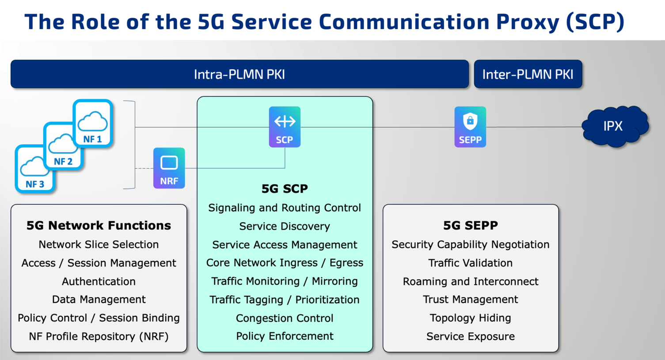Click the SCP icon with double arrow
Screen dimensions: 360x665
tap(285, 127)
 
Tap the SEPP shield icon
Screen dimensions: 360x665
tap(470, 127)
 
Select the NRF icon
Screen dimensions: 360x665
tap(169, 168)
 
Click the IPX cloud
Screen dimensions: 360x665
tap(614, 126)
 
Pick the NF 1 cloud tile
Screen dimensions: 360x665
tap(93, 123)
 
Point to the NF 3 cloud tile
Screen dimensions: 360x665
tap(34, 169)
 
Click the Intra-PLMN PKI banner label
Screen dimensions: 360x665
tap(239, 74)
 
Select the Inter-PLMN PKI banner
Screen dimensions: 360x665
tap(528, 74)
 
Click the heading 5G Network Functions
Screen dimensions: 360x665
tap(99, 225)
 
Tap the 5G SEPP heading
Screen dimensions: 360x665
tap(470, 225)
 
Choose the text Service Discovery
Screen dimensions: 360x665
tap(285, 226)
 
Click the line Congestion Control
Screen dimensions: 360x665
tap(285, 318)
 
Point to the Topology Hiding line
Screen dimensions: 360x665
tap(470, 318)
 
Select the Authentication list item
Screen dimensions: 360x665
tap(99, 281)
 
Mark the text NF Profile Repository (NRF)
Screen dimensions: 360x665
tap(99, 337)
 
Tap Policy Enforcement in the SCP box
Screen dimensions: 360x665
tap(285, 336)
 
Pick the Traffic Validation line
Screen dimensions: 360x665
tap(470, 263)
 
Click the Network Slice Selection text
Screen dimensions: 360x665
tap(99, 244)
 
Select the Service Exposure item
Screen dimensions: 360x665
tap(470, 337)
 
